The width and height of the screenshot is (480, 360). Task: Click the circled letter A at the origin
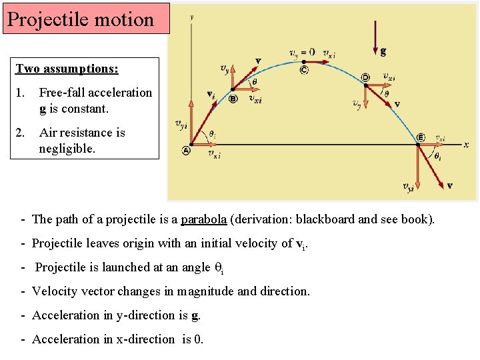coord(185,151)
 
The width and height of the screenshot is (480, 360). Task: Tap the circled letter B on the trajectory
coord(233,99)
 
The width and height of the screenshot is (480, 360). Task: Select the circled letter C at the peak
coord(304,69)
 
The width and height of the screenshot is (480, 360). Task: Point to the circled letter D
coord(365,77)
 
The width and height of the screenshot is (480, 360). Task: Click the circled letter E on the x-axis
coord(421,137)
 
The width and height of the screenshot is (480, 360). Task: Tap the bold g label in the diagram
coord(383,51)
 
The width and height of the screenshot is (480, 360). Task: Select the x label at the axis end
coord(466,145)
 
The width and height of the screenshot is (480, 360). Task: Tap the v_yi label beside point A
coord(181,123)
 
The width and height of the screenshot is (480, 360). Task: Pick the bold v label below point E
coord(450,185)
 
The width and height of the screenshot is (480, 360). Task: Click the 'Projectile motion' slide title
coord(81,19)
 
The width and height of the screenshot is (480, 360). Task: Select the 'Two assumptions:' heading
coord(67,69)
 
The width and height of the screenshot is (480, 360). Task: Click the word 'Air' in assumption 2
coord(50,133)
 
